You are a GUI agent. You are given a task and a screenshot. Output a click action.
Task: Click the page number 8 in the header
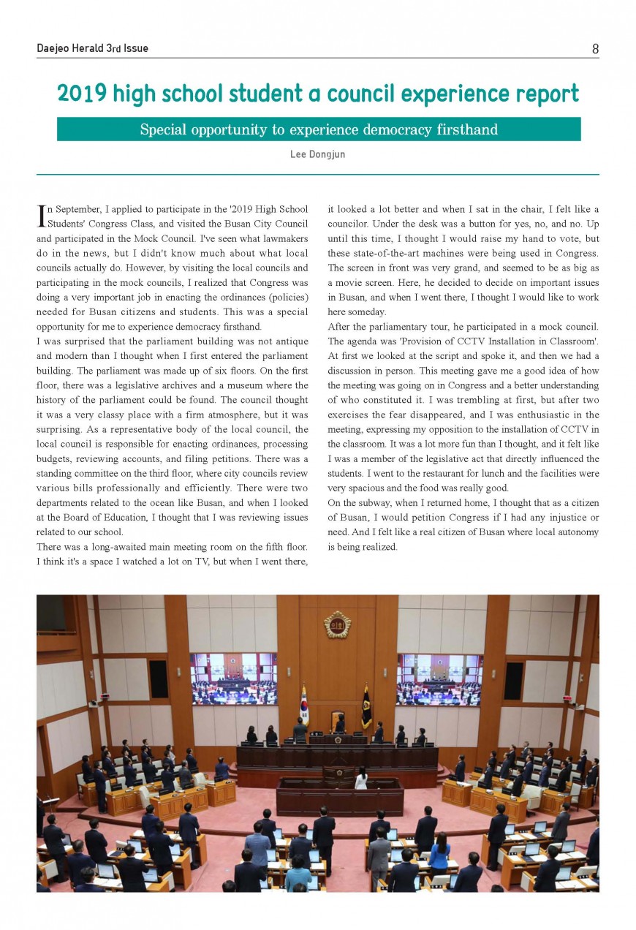595,49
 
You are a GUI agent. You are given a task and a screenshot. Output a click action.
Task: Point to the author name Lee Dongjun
317,155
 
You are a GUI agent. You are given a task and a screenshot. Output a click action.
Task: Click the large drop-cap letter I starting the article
41,215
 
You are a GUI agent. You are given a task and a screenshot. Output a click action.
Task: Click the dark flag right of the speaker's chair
366,706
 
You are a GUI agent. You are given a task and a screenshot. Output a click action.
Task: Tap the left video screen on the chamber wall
233,678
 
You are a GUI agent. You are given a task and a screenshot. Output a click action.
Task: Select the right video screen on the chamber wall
439,678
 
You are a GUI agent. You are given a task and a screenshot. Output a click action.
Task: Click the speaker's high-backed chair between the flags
337,720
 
